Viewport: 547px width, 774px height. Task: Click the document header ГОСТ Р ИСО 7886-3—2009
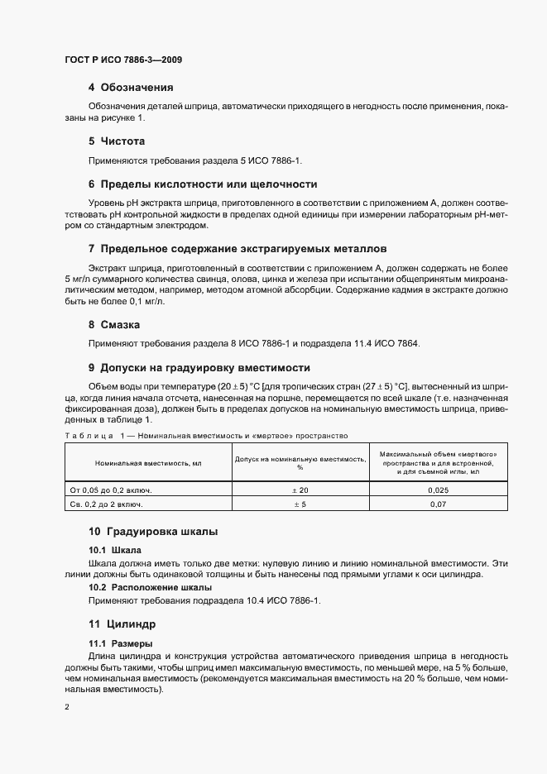click(123, 60)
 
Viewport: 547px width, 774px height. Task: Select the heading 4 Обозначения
click(131, 87)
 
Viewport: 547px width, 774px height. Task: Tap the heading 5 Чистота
click(117, 141)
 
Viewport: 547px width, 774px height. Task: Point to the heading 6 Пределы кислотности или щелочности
click(203, 184)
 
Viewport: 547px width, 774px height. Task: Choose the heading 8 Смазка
click(114, 325)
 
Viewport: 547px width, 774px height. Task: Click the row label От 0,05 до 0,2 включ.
click(113, 490)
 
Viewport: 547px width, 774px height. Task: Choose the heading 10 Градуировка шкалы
click(153, 531)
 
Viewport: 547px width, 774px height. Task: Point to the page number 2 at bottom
click(66, 707)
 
